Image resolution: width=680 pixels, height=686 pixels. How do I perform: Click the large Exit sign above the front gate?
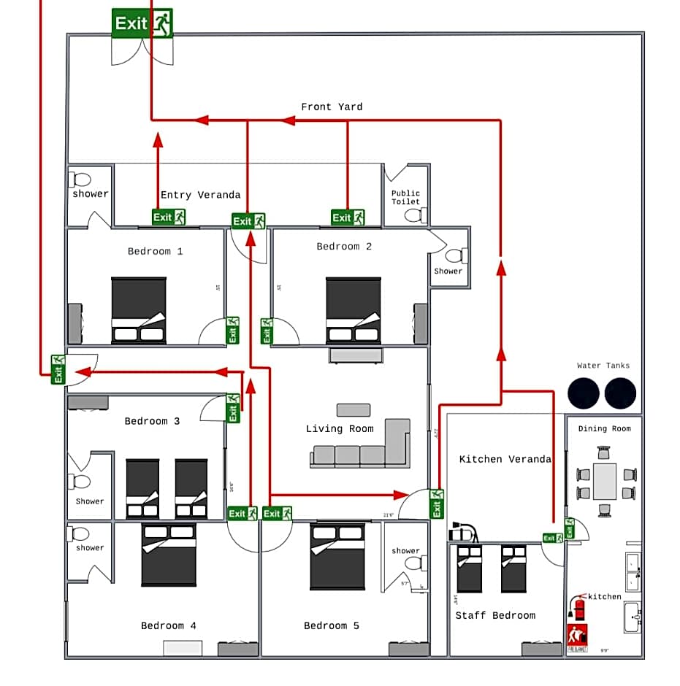[x=142, y=23]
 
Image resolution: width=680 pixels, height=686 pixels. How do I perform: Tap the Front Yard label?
[x=332, y=107]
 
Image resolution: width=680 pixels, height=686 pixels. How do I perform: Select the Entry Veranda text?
[x=200, y=195]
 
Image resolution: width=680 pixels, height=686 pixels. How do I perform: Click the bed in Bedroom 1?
[x=139, y=310]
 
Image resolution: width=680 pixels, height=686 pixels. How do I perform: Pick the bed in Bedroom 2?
[x=354, y=310]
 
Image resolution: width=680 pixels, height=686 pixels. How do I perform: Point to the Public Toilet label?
[x=405, y=197]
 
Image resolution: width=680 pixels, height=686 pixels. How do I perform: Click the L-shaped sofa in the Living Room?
[x=365, y=447]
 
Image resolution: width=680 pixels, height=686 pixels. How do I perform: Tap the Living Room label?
[x=340, y=428]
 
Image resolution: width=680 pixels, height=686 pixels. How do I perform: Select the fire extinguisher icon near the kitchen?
[x=580, y=607]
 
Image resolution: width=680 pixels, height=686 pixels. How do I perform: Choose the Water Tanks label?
[x=603, y=366]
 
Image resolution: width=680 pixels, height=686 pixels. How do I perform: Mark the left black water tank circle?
[x=584, y=393]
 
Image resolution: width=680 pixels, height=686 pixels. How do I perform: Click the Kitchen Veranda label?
[x=505, y=459]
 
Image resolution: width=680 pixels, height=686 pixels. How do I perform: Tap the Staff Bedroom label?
[x=495, y=615]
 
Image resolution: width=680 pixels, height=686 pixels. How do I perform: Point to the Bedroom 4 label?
[x=168, y=625]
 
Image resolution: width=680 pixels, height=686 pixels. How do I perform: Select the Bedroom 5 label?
[x=332, y=625]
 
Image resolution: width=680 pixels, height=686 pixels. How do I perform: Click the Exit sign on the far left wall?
[x=58, y=369]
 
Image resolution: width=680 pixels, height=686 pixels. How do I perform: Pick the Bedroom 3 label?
[x=152, y=421]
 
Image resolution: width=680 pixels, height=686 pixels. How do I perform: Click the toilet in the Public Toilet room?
[x=414, y=215]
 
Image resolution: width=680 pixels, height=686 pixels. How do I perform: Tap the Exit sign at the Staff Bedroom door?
[x=553, y=539]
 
